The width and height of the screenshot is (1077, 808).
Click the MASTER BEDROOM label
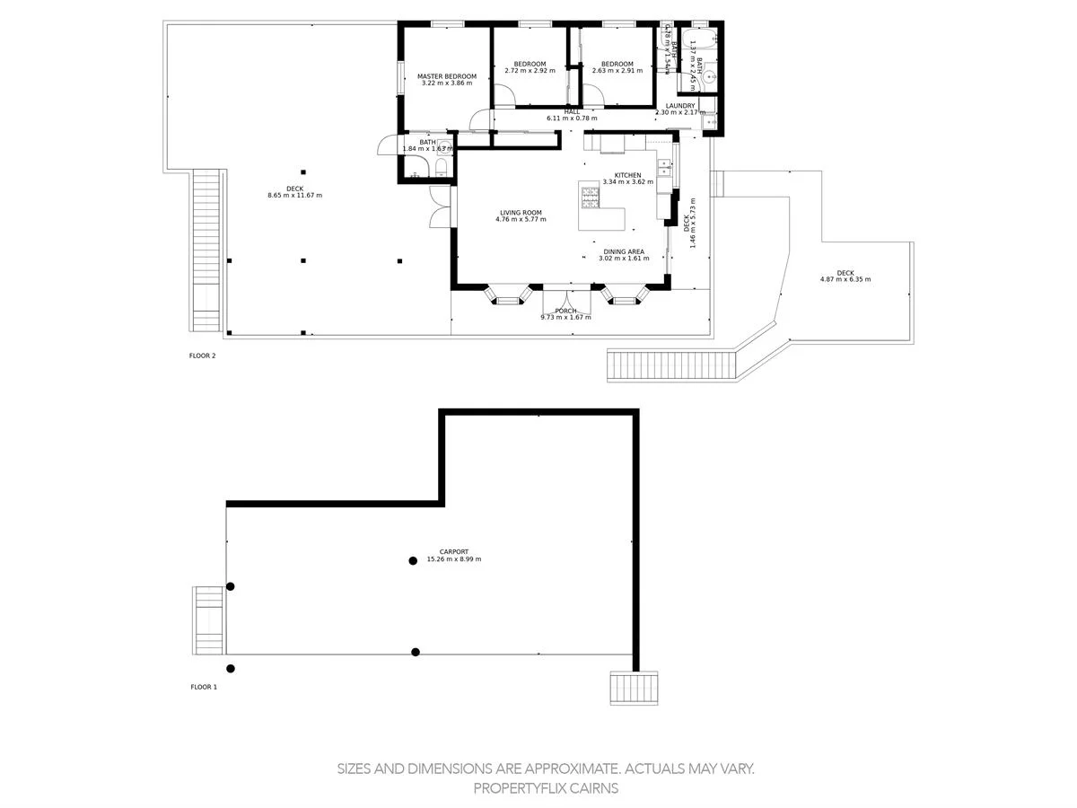click(x=446, y=76)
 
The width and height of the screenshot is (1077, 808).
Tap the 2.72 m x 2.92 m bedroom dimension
click(x=530, y=70)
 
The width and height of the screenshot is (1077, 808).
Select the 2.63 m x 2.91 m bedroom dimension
click(x=617, y=70)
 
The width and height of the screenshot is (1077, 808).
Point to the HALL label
click(x=572, y=111)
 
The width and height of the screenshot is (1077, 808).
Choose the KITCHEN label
click(x=627, y=175)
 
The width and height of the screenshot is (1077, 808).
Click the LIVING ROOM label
click(x=521, y=213)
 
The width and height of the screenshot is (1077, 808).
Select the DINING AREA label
click(x=623, y=252)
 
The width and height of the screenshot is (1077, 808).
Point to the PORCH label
click(x=565, y=311)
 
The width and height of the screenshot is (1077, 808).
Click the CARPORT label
click(x=453, y=551)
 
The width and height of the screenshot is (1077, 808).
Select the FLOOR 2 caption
click(x=202, y=356)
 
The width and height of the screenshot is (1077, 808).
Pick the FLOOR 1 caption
click(x=204, y=687)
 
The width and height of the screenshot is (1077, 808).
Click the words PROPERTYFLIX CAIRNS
click(x=546, y=788)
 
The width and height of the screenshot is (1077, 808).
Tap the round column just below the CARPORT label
click(x=413, y=561)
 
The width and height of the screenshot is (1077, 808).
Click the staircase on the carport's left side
click(x=207, y=620)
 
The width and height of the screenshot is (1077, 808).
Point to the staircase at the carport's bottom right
click(x=635, y=689)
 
